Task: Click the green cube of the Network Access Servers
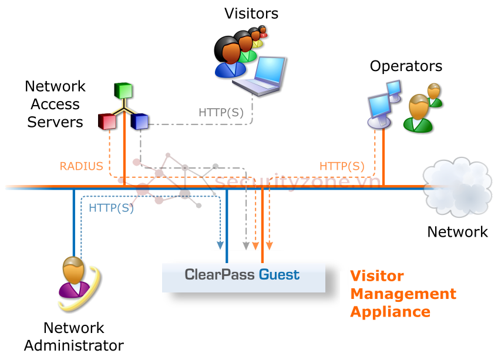pyautogui.click(x=123, y=91)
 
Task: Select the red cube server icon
pyautogui.click(x=107, y=121)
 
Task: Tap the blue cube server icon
pyautogui.click(x=140, y=121)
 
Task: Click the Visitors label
pyautogui.click(x=251, y=13)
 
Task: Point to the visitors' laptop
pyautogui.click(x=261, y=75)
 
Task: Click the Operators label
pyautogui.click(x=406, y=66)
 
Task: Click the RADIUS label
pyautogui.click(x=82, y=166)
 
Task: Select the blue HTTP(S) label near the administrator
pyautogui.click(x=111, y=207)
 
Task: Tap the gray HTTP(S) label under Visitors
pyautogui.click(x=221, y=112)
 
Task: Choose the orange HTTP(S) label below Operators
pyautogui.click(x=341, y=166)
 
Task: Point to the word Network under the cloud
pyautogui.click(x=457, y=232)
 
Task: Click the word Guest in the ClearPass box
pyautogui.click(x=280, y=274)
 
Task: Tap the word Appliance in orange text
pyautogui.click(x=390, y=311)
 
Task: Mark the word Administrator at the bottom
pyautogui.click(x=74, y=345)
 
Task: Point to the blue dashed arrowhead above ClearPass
pyautogui.click(x=220, y=245)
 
